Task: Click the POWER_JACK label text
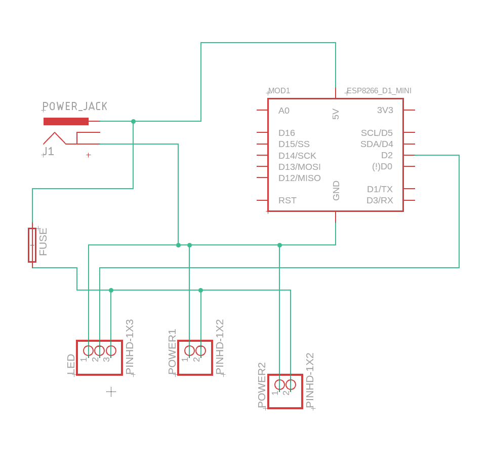pyautogui.click(x=75, y=106)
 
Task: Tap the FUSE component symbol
pyautogui.click(x=32, y=245)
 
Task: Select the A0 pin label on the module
pyautogui.click(x=284, y=111)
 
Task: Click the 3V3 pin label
pyautogui.click(x=385, y=110)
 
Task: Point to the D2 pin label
pyautogui.click(x=387, y=155)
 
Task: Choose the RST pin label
pyautogui.click(x=288, y=200)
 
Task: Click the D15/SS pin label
pyautogui.click(x=294, y=144)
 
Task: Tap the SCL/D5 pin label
pyautogui.click(x=377, y=133)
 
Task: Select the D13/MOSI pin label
pyautogui.click(x=299, y=167)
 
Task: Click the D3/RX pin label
pyautogui.click(x=380, y=200)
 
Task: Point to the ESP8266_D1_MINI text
pyautogui.click(x=379, y=91)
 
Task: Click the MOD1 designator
pyautogui.click(x=279, y=91)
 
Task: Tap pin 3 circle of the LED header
pyautogui.click(x=111, y=350)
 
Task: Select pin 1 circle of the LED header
pyautogui.click(x=89, y=350)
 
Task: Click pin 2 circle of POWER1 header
pyautogui.click(x=201, y=350)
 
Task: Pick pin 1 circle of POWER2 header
pyautogui.click(x=279, y=384)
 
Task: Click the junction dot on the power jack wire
pyautogui.click(x=133, y=121)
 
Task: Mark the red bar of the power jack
pyautogui.click(x=66, y=121)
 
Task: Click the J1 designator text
pyautogui.click(x=48, y=152)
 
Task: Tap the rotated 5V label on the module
pyautogui.click(x=336, y=114)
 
